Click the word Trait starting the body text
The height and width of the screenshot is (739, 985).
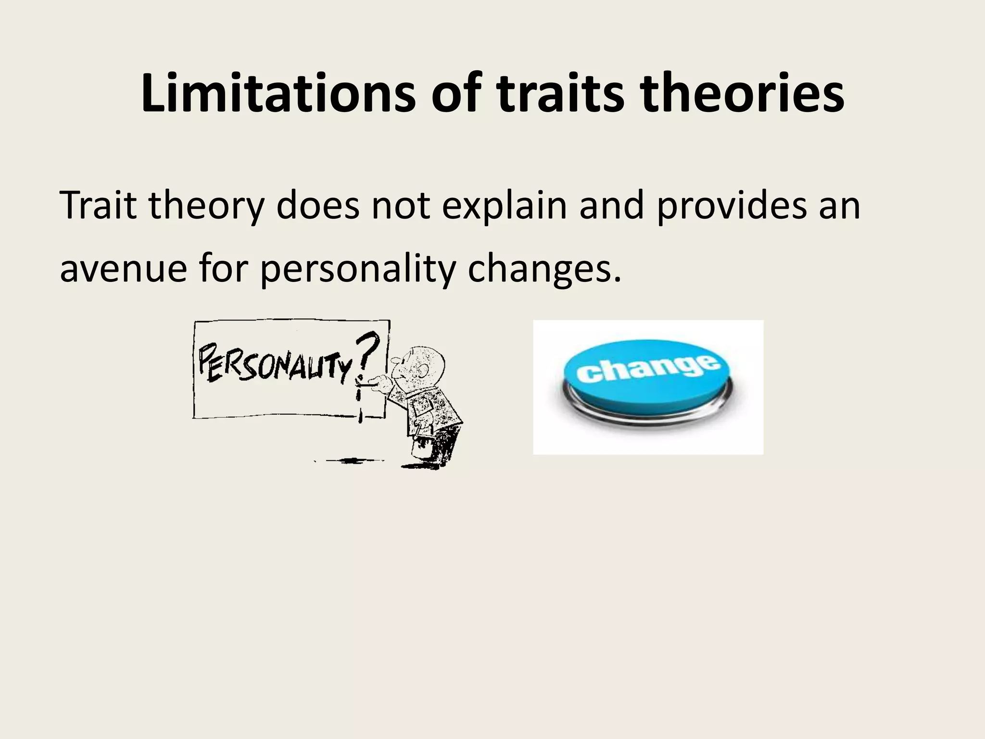[x=98, y=205]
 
